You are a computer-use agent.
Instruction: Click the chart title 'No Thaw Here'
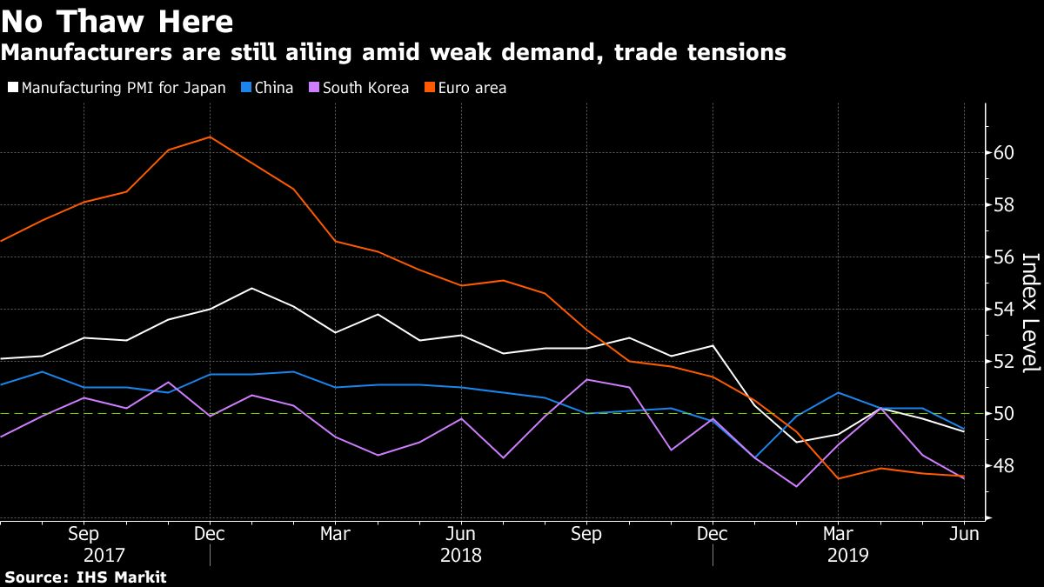coord(117,20)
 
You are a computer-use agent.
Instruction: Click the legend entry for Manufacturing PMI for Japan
coord(117,88)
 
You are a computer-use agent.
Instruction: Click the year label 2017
coord(104,555)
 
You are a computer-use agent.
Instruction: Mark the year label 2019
coord(848,555)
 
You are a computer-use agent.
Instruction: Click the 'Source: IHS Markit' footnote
coord(84,577)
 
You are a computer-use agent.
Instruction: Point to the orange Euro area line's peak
coord(210,137)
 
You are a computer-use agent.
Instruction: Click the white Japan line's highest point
coord(251,288)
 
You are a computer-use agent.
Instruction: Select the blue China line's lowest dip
coord(755,458)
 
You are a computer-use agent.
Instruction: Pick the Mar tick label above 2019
coord(839,533)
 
